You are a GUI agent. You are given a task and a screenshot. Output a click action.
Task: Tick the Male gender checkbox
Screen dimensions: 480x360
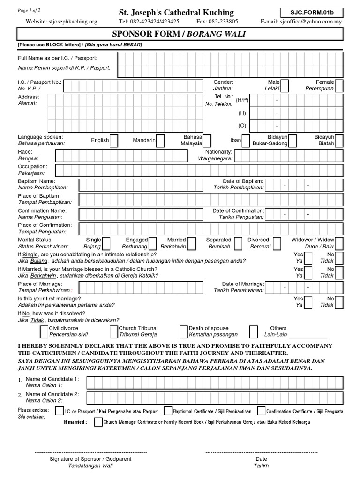point(285,86)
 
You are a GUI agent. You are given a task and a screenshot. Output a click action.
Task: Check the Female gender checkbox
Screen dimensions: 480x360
point(339,86)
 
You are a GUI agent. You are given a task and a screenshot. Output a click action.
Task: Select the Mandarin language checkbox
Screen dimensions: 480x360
point(160,140)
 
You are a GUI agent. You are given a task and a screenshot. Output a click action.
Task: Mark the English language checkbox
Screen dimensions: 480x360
point(113,140)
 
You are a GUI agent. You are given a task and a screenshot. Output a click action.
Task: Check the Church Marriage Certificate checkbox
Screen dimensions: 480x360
point(97,422)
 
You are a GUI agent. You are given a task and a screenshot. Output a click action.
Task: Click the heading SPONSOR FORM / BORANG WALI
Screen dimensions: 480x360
point(180,35)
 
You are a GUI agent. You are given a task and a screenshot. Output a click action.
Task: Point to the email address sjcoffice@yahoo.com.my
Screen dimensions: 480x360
point(308,21)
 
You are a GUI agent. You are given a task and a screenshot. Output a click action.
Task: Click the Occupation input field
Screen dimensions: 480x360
point(210,169)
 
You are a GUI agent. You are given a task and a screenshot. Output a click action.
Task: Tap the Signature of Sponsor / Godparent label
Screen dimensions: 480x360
point(90,459)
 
